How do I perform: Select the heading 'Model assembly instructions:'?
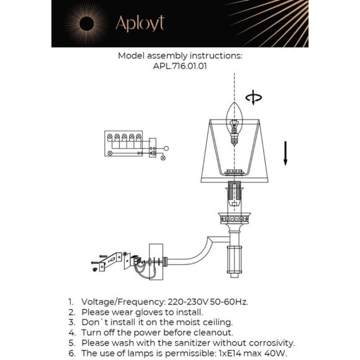[x=180, y=55]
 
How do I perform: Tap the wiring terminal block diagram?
[x=127, y=143]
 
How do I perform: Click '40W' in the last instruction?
[x=276, y=353]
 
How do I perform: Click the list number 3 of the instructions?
[x=71, y=322]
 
